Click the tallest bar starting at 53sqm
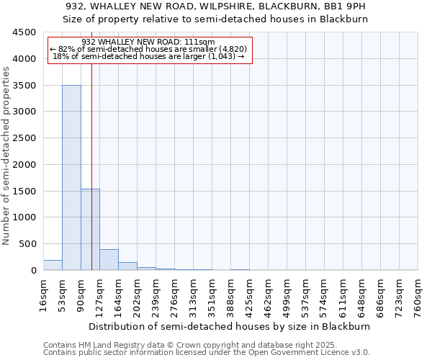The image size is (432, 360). tap(71, 177)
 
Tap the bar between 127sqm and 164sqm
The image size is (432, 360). tap(109, 259)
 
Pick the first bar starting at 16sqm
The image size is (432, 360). tap(53, 265)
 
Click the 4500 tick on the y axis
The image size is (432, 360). tap(25, 32)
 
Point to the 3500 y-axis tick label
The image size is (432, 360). tap(25, 86)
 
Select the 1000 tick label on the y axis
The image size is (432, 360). tap(25, 217)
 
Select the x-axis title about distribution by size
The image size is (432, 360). tap(230, 326)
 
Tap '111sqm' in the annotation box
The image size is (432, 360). tap(199, 42)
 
